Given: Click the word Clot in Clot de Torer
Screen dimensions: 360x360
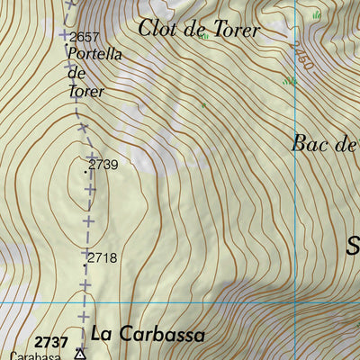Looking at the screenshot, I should point(157,28).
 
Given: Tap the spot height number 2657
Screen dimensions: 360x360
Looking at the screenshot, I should point(84,37).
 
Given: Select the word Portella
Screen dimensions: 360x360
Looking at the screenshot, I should point(94,53).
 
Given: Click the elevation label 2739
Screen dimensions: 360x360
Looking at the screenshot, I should point(104,166).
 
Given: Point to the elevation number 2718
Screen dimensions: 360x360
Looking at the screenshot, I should point(103,258).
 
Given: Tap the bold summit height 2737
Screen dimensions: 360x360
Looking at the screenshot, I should point(52,342).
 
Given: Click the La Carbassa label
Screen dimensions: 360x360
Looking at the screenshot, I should point(148,335).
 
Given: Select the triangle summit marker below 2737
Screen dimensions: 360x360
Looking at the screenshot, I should point(80,354).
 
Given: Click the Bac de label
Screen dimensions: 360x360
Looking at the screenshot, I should point(325,144).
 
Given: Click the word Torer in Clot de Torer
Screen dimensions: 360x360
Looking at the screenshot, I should point(235,30).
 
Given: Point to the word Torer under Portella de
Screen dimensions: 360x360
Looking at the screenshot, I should point(86,91).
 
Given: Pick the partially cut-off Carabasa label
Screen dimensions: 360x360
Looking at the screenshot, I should point(36,356).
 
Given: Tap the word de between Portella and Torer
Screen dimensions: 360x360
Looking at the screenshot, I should point(77,73).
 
